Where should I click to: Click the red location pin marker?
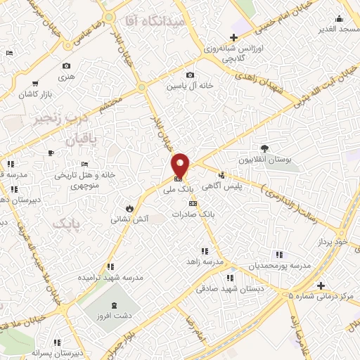pyautogui.click(x=181, y=165)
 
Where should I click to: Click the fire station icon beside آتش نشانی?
pyautogui.click(x=129, y=207)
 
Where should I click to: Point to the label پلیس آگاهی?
pyautogui.click(x=236, y=186)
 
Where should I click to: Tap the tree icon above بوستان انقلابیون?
pyautogui.click(x=264, y=148)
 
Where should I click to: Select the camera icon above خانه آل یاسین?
pyautogui.click(x=189, y=75)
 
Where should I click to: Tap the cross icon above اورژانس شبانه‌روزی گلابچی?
pyautogui.click(x=233, y=37)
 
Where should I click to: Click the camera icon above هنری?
pyautogui.click(x=66, y=66)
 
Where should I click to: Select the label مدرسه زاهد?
pyautogui.click(x=205, y=262)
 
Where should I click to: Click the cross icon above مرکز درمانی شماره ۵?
pyautogui.click(x=321, y=285)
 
